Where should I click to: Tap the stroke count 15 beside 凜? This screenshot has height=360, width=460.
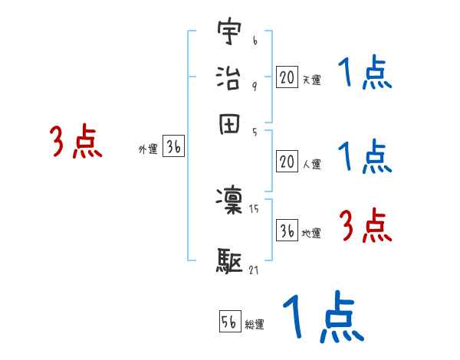255,208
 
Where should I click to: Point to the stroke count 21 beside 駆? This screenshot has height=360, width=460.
255,269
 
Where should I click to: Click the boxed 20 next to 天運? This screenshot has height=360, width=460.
287,77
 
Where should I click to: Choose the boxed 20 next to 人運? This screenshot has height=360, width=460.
287,161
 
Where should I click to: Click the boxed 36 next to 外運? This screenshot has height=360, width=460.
173,149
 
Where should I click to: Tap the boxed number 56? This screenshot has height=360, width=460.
230,322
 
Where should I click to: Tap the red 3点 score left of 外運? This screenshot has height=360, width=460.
75,142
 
